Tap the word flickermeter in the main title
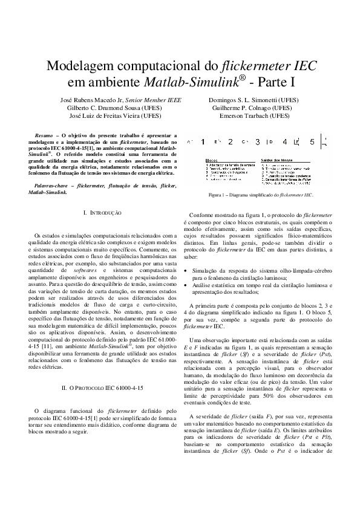[x=250, y=66]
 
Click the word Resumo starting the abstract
[x=44, y=136]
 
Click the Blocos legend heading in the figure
[x=212, y=160]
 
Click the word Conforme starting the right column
[x=203, y=216]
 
